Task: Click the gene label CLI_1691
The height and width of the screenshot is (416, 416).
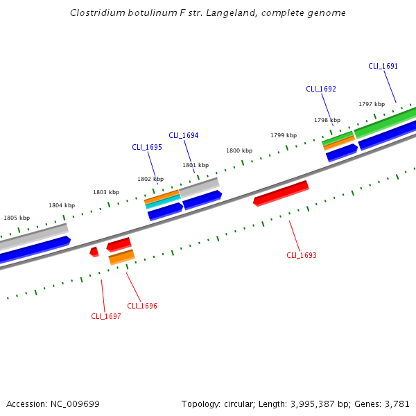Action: pos(383,67)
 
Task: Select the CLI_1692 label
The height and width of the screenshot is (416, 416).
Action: pos(321,89)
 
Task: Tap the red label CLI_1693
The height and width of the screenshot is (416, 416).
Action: pos(302,256)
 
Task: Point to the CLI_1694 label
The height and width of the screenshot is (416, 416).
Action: pos(184,136)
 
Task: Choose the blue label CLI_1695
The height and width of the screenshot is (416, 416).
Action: pos(147,148)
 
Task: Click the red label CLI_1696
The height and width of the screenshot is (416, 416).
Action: pos(142,306)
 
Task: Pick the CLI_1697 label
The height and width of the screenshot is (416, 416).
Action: pos(106,317)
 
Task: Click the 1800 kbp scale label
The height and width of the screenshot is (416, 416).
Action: pos(239,150)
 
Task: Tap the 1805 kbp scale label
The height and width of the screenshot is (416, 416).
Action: pos(17,218)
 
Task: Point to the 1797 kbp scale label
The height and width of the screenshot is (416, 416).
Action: pos(372,104)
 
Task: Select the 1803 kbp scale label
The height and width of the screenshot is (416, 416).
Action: pos(106,192)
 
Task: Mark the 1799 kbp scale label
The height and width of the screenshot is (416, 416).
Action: pos(284,135)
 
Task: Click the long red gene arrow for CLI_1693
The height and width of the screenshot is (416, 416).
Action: pos(281,193)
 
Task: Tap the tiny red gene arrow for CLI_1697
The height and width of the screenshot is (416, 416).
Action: pos(94,252)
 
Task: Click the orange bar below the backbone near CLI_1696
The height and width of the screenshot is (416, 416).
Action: pos(122,257)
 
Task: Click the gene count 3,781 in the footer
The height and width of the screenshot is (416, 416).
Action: pos(397,404)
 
